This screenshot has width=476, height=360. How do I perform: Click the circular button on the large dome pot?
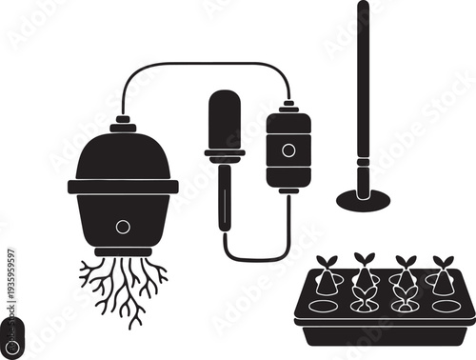point(123,227)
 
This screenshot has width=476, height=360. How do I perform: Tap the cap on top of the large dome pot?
point(123,125)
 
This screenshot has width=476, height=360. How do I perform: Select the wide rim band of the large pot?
point(123,187)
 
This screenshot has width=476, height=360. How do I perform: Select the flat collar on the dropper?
point(225,152)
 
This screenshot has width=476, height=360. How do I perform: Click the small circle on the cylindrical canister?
point(288,150)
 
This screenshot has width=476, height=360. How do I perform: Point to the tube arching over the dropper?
point(205,65)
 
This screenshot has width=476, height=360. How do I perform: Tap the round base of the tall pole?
point(363,199)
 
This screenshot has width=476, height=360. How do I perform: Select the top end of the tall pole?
point(363,8)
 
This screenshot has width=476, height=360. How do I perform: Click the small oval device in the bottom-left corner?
point(11,335)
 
